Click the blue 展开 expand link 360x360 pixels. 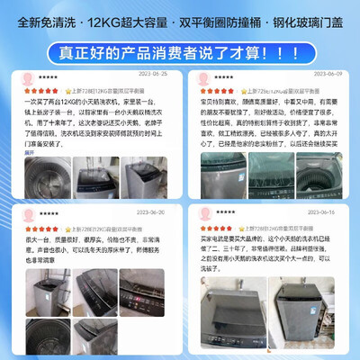pos(28,153)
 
